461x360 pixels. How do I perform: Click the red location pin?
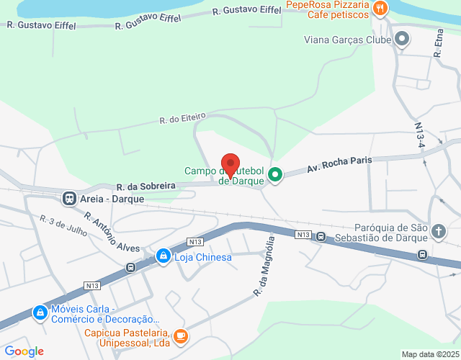point(230,165)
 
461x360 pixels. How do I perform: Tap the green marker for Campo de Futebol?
point(274,174)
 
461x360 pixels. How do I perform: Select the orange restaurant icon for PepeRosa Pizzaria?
point(380,9)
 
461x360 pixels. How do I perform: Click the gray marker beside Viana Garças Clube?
point(403,39)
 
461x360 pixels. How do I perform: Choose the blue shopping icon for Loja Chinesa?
point(164,256)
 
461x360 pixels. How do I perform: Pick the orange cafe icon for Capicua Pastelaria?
point(180,335)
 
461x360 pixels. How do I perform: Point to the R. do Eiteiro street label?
point(182,117)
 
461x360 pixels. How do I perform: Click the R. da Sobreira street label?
point(146,186)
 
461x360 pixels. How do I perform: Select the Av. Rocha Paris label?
point(339,163)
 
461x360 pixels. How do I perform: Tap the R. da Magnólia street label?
point(264,266)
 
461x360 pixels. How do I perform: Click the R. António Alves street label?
point(111,231)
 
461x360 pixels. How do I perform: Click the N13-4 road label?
point(421,136)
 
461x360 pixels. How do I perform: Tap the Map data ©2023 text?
point(429,354)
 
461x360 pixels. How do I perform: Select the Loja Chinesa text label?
point(202,257)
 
